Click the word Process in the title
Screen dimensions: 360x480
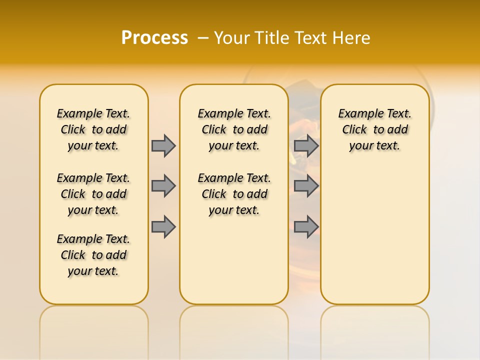pyautogui.click(x=154, y=38)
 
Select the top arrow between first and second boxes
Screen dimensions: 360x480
pyautogui.click(x=163, y=145)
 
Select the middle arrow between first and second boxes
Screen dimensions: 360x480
pyautogui.click(x=163, y=186)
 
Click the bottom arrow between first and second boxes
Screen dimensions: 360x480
pyautogui.click(x=163, y=226)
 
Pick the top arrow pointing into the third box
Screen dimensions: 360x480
pyautogui.click(x=306, y=145)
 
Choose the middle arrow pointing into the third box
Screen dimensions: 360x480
pyautogui.click(x=306, y=186)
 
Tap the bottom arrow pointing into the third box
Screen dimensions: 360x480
pyautogui.click(x=306, y=226)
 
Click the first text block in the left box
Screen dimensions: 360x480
pyautogui.click(x=93, y=129)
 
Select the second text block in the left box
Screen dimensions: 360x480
pyautogui.click(x=93, y=194)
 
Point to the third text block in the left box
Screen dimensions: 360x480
pyautogui.click(x=93, y=255)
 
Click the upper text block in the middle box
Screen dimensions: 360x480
pyautogui.click(x=234, y=129)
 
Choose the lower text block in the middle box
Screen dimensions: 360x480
pyautogui.click(x=234, y=194)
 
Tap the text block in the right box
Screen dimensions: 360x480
pyautogui.click(x=374, y=129)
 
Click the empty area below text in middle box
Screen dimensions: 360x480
pyautogui.click(x=234, y=260)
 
